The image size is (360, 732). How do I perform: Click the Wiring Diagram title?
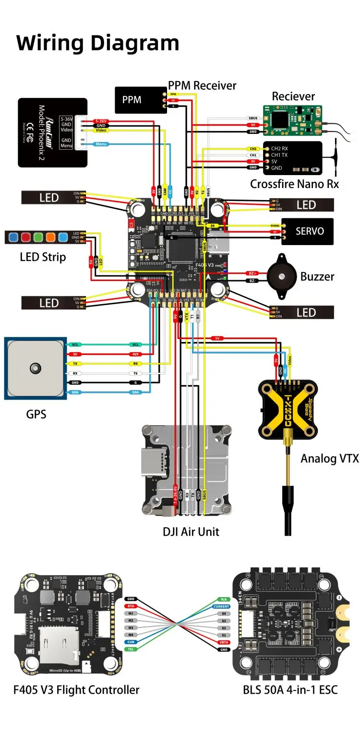[x=98, y=43]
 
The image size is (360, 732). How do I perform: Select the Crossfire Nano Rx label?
[x=294, y=184]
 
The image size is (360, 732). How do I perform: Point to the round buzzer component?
[x=281, y=276]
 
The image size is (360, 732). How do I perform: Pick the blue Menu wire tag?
[x=101, y=144]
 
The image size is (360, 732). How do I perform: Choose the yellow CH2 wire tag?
[x=253, y=149]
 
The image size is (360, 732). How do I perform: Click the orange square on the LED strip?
[x=50, y=236]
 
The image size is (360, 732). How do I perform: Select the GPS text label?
[x=36, y=413]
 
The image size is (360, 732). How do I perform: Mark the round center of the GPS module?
[x=34, y=368]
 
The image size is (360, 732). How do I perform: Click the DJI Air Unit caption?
[x=191, y=531]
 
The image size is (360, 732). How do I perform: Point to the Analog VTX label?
[x=329, y=458]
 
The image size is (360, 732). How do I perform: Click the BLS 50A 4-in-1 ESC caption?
[x=290, y=690]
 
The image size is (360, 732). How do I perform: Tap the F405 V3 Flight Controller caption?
[x=76, y=690]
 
